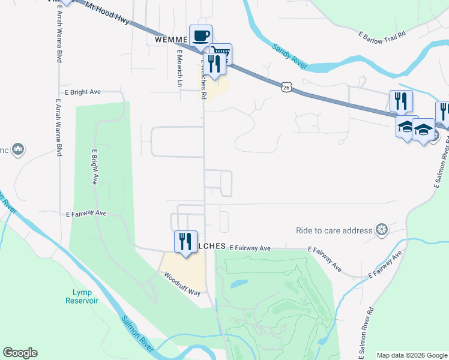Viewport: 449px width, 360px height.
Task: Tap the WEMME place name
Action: (172, 39)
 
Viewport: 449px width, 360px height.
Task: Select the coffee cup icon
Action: (200, 35)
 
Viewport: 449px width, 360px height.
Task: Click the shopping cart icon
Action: (221, 54)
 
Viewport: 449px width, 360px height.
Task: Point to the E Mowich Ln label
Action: (179, 68)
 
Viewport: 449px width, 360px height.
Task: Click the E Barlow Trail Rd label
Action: (382, 35)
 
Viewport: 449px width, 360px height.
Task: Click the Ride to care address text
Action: (334, 230)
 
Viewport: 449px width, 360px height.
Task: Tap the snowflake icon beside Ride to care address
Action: (381, 229)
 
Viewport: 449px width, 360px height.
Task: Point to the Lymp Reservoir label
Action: (82, 296)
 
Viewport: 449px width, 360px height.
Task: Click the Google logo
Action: (20, 353)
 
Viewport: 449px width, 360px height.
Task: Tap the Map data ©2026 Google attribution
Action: (412, 355)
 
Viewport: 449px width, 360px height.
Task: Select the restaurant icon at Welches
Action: (185, 241)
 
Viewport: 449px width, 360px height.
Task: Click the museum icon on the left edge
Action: (17, 149)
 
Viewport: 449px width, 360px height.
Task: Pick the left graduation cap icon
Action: (406, 127)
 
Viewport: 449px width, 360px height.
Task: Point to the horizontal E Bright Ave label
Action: (85, 93)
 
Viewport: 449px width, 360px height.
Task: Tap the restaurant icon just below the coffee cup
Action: (213, 63)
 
